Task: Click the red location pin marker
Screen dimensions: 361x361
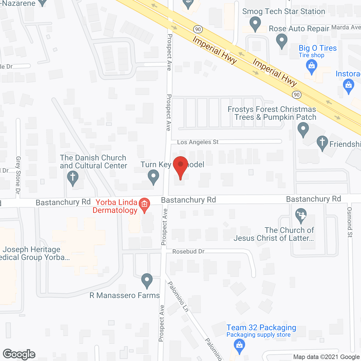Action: click(x=180, y=166)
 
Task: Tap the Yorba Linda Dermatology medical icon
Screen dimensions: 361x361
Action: click(x=144, y=204)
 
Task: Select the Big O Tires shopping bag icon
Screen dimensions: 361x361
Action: click(x=311, y=67)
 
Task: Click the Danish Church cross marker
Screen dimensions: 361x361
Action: click(x=73, y=177)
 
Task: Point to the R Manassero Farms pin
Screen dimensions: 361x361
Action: click(x=147, y=280)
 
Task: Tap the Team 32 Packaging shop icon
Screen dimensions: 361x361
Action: click(x=239, y=345)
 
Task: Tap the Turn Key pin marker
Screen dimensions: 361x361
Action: click(x=153, y=176)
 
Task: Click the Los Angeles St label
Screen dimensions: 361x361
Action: click(x=198, y=142)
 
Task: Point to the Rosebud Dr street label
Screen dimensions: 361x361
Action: click(x=188, y=251)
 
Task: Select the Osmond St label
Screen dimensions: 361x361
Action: click(x=350, y=222)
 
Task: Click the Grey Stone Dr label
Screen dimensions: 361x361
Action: click(x=18, y=175)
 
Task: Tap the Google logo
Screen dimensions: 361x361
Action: click(x=19, y=354)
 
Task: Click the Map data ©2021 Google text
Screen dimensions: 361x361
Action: click(x=327, y=357)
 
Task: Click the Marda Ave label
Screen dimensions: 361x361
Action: click(x=346, y=27)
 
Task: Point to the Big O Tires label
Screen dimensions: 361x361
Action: click(x=318, y=48)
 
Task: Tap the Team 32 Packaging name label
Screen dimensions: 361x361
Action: click(x=261, y=327)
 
